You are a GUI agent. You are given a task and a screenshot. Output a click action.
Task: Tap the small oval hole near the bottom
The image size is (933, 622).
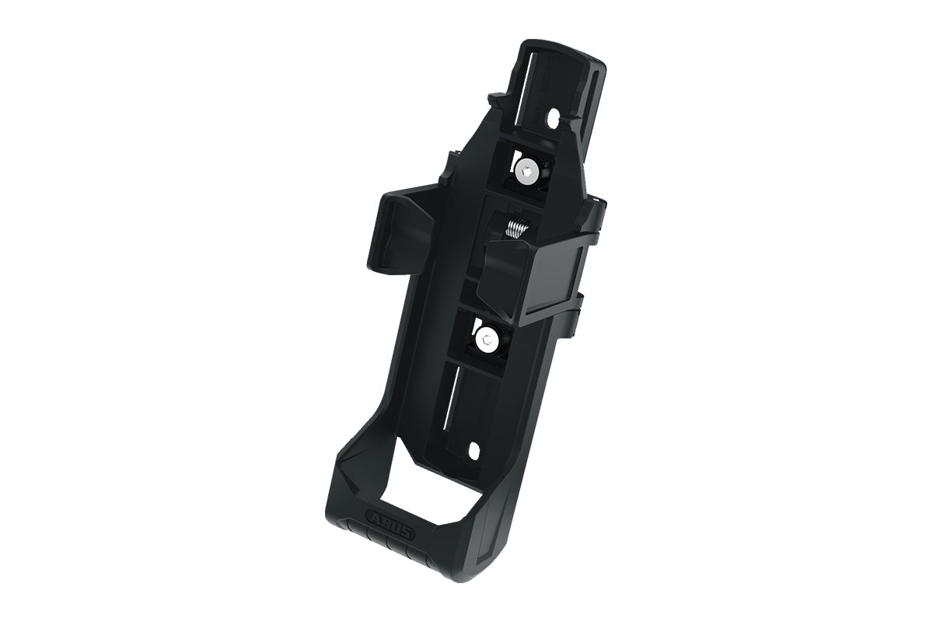click(x=473, y=449)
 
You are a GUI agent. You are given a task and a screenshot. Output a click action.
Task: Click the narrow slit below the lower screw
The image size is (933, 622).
click(x=450, y=397)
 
